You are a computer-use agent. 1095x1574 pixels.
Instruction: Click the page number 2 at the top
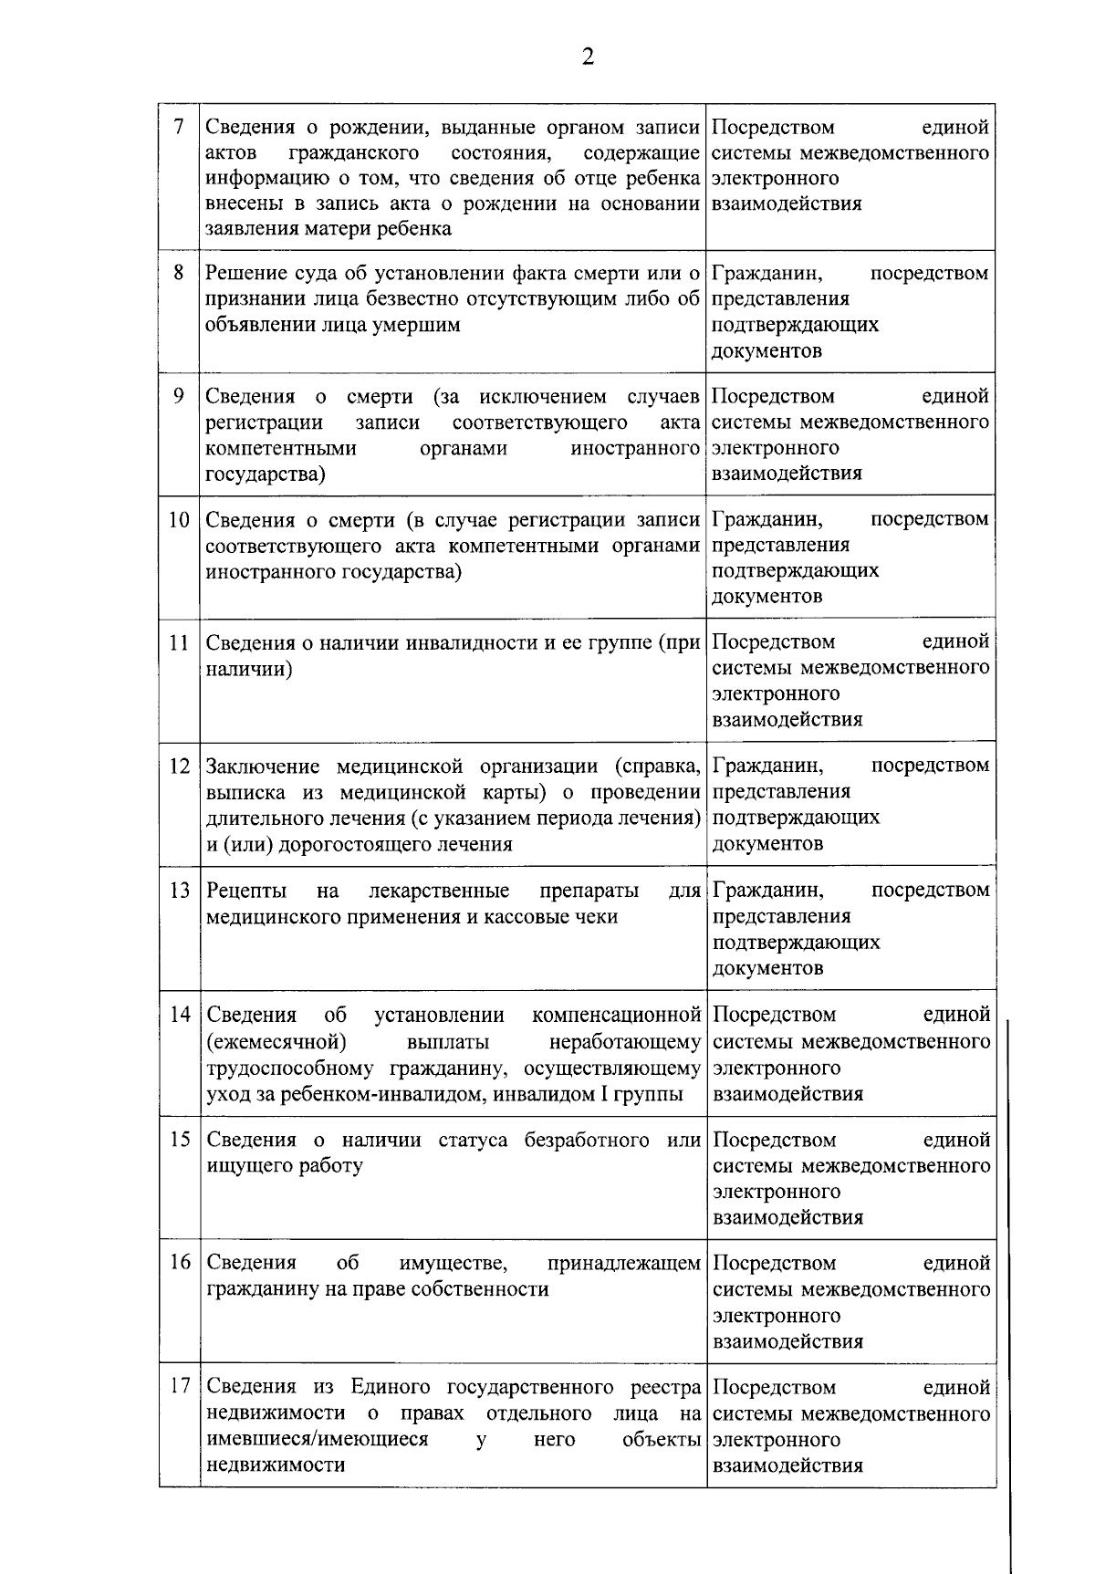(587, 57)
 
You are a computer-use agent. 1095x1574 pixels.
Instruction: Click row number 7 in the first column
(178, 128)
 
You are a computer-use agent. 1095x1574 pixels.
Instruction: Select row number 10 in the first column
(178, 520)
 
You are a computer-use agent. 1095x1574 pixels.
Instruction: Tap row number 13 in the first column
(179, 890)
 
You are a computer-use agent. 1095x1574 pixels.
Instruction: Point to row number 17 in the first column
(179, 1386)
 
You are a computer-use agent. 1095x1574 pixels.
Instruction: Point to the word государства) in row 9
(266, 474)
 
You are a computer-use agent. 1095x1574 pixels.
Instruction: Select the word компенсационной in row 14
(616, 1016)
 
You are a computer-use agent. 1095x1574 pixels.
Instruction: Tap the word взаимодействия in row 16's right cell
(787, 1341)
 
